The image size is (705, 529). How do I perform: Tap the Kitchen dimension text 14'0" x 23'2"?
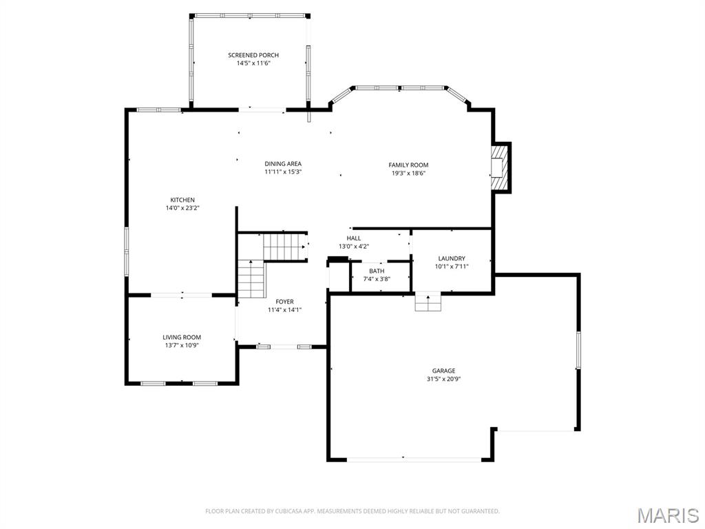182,208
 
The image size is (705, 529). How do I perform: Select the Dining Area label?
283,164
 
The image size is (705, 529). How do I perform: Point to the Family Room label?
408,165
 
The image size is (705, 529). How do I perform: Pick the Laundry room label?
451,258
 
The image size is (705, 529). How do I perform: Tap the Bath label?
377,271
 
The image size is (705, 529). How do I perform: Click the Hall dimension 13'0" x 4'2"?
354,247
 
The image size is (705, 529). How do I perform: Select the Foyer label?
284,302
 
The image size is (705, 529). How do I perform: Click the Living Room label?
182,338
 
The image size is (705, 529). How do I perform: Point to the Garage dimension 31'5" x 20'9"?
443,379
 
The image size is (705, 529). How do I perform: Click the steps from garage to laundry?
428,302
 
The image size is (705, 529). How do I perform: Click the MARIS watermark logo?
667,515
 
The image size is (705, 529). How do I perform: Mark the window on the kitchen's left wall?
126,251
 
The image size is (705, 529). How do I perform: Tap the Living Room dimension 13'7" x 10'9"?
182,346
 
